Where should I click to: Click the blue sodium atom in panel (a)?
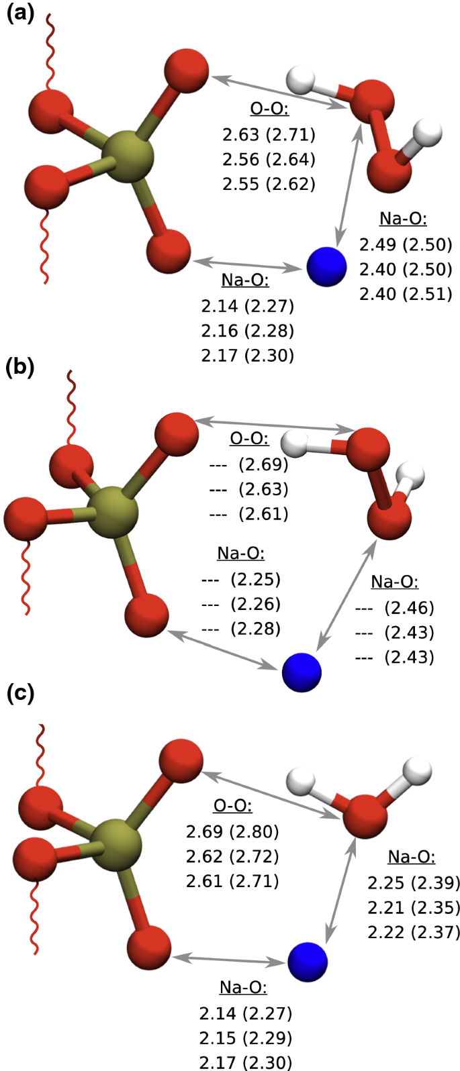pyautogui.click(x=326, y=266)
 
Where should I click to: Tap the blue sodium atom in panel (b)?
pyautogui.click(x=302, y=672)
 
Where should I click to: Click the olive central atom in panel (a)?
pyautogui.click(x=128, y=156)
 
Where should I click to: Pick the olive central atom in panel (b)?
pyautogui.click(x=112, y=513)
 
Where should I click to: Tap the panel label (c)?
pyautogui.click(x=19, y=693)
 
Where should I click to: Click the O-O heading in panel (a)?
pyautogui.click(x=269, y=109)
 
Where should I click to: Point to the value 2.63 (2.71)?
pyautogui.click(x=269, y=134)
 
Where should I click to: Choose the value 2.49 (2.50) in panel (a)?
pyautogui.click(x=406, y=244)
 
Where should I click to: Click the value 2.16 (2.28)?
pyautogui.click(x=247, y=330)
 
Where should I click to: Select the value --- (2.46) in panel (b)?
pyautogui.click(x=394, y=608)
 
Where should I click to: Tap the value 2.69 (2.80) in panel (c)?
pyautogui.click(x=232, y=831)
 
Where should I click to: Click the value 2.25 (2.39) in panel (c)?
pyautogui.click(x=414, y=882)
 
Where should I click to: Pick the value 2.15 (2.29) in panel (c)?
pyautogui.click(x=246, y=1037)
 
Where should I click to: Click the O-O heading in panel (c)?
pyautogui.click(x=232, y=807)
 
